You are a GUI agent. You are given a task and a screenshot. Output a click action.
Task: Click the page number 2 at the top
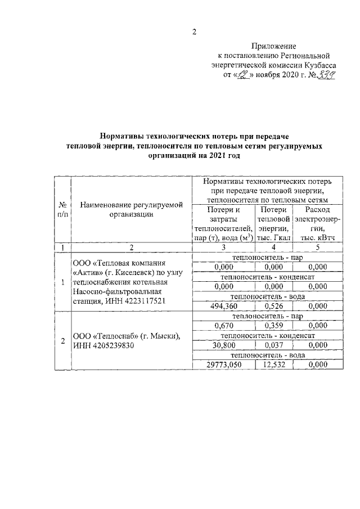point(194,31)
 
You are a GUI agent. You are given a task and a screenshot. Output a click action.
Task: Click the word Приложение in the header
point(274,46)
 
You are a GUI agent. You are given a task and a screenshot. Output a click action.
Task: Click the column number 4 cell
point(274,247)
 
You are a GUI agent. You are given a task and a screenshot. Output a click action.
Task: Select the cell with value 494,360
point(223,306)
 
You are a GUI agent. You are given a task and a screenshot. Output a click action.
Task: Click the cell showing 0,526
point(274,306)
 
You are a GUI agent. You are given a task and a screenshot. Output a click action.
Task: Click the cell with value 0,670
point(223,326)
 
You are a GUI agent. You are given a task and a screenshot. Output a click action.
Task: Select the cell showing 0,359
point(274,326)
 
